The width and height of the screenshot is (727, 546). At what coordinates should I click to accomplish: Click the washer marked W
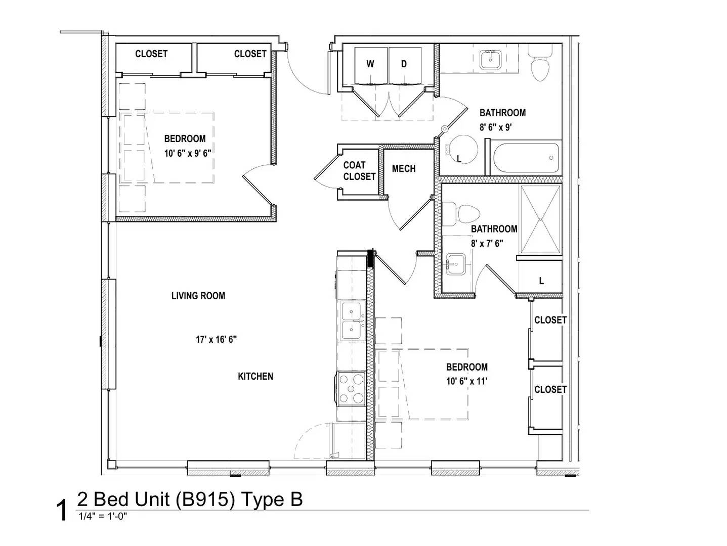click(371, 65)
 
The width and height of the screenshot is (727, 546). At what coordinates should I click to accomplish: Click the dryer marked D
click(404, 65)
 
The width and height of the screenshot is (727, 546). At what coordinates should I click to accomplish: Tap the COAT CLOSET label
click(359, 171)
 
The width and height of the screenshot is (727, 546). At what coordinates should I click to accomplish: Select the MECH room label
click(404, 169)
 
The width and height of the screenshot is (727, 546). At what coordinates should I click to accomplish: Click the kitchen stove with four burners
click(351, 388)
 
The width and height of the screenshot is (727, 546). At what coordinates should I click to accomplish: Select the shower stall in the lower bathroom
click(540, 219)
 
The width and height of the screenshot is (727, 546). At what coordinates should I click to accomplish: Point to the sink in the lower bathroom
click(456, 264)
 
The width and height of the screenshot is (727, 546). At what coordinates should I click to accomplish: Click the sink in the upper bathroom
click(490, 60)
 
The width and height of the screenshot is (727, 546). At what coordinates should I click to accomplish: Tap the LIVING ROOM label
click(198, 296)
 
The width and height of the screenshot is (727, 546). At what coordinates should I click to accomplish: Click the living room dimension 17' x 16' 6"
click(216, 340)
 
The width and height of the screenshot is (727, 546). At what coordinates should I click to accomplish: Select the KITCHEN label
click(255, 376)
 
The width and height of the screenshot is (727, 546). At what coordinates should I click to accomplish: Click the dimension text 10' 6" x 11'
click(466, 381)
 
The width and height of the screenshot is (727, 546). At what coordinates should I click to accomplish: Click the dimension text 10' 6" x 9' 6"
click(187, 153)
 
